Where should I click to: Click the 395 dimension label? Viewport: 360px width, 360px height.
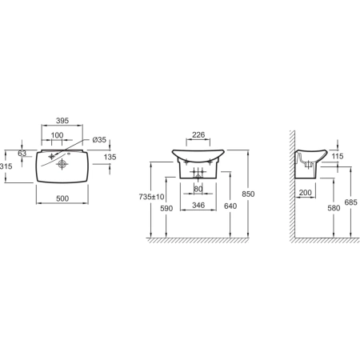[62, 121]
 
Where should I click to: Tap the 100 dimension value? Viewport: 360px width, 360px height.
[57, 135]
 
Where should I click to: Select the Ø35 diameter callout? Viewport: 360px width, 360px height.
[99, 140]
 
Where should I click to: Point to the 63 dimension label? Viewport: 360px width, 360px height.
[22, 153]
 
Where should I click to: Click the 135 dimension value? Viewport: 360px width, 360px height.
[110, 157]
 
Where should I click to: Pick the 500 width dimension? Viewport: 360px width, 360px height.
[62, 198]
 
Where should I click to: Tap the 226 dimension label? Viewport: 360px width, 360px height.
[198, 135]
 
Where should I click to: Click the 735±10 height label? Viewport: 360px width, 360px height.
[151, 197]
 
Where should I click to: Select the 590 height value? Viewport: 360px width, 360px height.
[166, 208]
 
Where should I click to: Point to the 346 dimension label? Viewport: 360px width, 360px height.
[198, 205]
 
